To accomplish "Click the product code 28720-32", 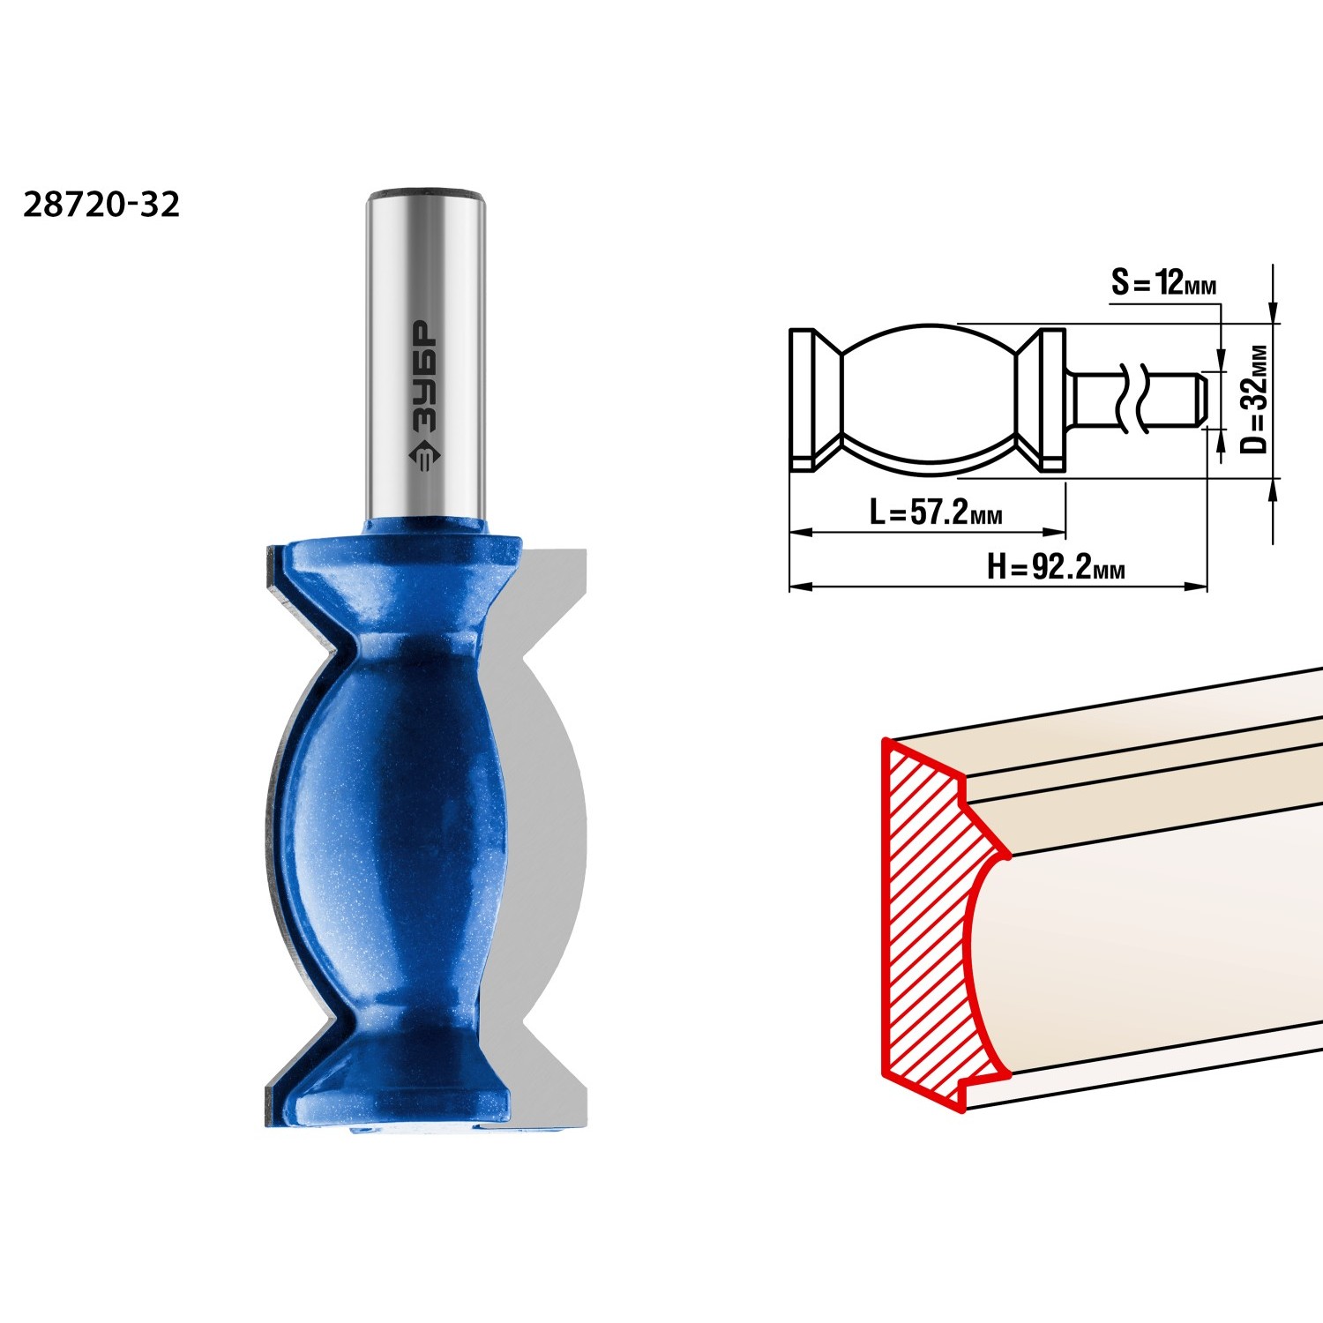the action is click(101, 205).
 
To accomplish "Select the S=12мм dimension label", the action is click(1163, 283).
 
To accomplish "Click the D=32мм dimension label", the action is click(1253, 399).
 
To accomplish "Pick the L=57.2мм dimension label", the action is click(936, 512).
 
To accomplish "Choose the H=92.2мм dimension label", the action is click(1056, 567).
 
